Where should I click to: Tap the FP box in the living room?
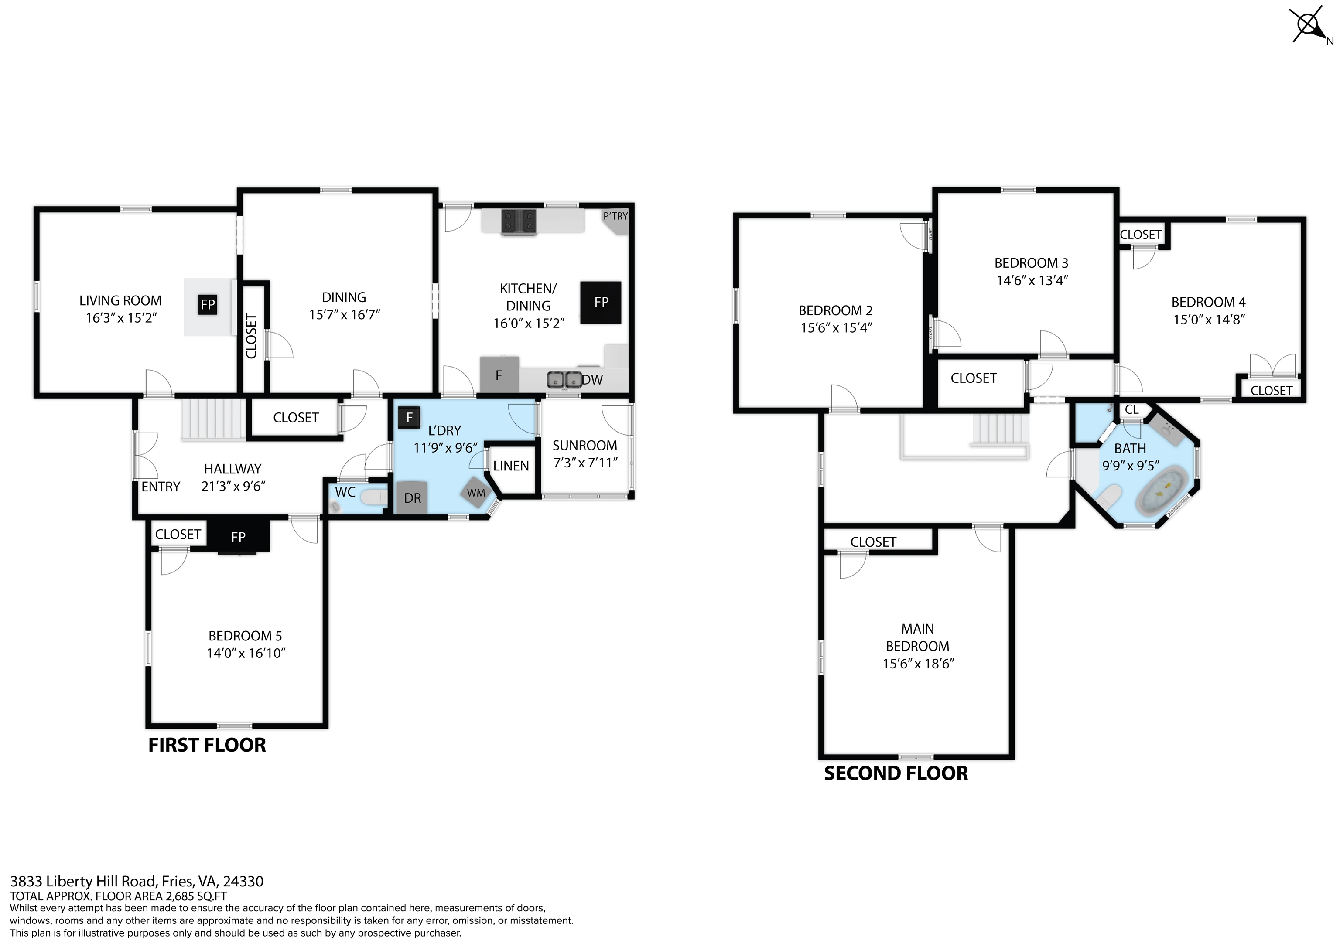point(207,304)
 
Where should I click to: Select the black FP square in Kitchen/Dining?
point(601,302)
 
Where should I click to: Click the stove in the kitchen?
point(518,222)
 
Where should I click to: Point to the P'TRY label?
point(616,216)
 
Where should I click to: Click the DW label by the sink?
point(592,380)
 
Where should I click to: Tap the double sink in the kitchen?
point(564,380)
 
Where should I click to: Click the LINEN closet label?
point(511,466)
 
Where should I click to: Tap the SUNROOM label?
point(585,445)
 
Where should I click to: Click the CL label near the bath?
point(1131,409)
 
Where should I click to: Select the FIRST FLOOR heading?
point(207,745)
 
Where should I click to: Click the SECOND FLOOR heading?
point(896,773)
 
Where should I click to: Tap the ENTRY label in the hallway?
point(161,487)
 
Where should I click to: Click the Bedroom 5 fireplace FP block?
point(238,536)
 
